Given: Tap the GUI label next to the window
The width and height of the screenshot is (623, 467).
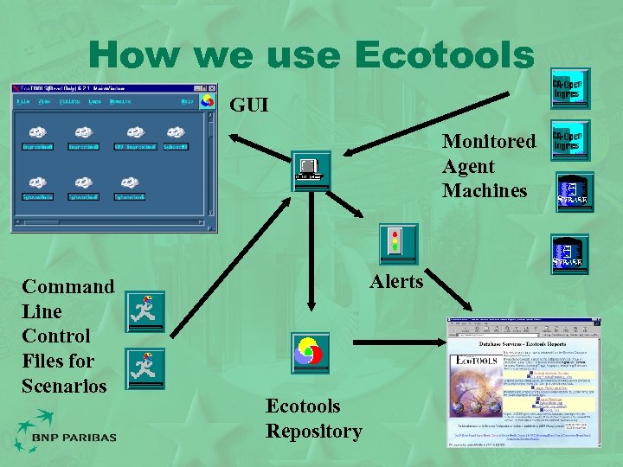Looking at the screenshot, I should (x=249, y=106).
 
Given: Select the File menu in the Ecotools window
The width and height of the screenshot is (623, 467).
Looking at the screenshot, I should (x=23, y=101).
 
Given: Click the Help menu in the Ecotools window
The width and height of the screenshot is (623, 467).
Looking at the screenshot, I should (x=187, y=101).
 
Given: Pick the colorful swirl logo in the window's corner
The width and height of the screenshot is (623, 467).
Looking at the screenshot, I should (x=207, y=101).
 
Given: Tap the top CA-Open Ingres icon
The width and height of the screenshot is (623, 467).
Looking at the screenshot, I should (x=570, y=88).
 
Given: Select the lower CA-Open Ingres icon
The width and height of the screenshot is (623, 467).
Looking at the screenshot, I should (x=570, y=141).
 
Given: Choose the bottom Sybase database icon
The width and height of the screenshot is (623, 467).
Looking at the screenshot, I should (x=571, y=252).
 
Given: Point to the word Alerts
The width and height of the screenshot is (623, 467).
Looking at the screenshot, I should (x=396, y=282).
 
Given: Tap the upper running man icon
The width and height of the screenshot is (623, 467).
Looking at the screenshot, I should (x=145, y=312).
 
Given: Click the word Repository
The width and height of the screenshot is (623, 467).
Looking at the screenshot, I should (x=313, y=431).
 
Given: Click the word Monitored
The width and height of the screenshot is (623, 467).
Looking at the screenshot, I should (x=489, y=142).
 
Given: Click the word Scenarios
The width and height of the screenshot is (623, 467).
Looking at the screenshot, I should (x=64, y=385).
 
